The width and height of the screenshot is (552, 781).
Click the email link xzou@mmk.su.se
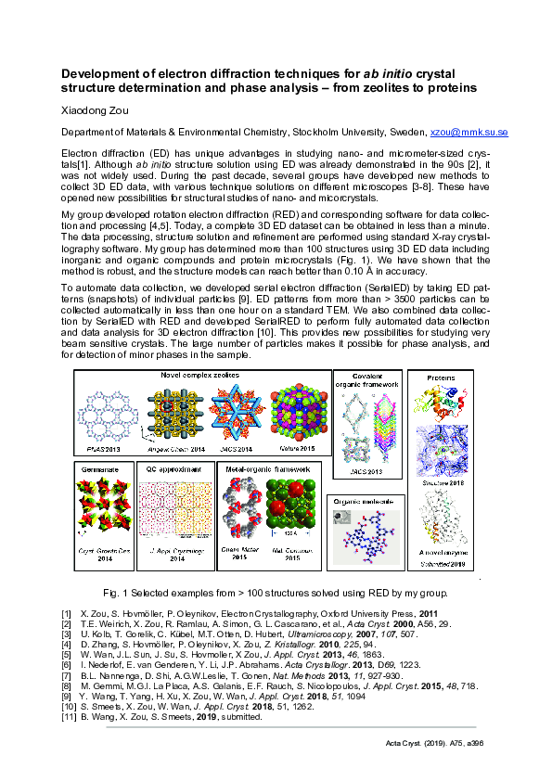470,133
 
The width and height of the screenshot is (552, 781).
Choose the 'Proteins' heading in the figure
440,378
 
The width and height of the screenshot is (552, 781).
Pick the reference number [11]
67,717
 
